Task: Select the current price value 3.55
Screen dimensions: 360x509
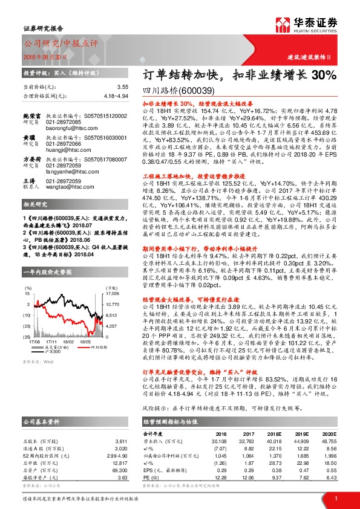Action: [123, 87]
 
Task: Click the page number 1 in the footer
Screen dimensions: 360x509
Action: [335, 499]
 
